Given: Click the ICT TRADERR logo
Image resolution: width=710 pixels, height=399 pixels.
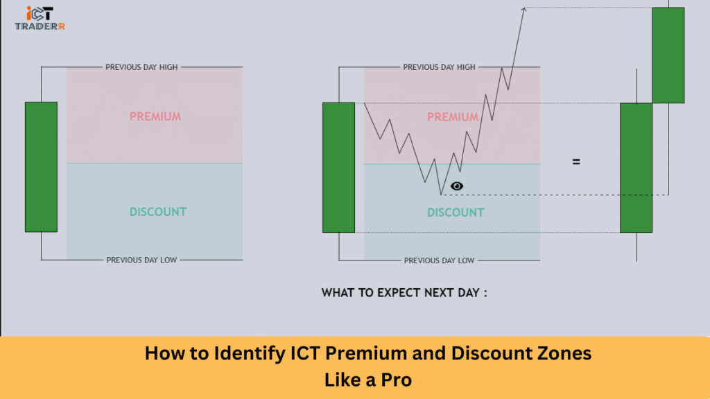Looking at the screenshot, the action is click(x=40, y=18).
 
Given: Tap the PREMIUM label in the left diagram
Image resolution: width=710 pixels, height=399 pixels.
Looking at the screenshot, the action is click(x=155, y=116).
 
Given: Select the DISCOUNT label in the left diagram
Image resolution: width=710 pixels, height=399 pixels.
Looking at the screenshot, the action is click(x=158, y=212).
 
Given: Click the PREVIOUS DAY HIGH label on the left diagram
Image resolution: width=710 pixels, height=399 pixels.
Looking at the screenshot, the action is click(x=141, y=67).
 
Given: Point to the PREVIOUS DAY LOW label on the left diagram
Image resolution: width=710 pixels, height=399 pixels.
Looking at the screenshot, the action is click(x=141, y=260).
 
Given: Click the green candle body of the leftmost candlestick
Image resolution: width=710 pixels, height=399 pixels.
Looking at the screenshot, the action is click(x=41, y=167).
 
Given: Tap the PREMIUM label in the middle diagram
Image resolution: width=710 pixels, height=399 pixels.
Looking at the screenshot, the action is click(x=453, y=117).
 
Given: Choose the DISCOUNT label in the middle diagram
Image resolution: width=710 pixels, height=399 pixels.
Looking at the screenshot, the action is click(x=456, y=213).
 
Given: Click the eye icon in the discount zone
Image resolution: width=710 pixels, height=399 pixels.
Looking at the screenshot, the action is click(x=457, y=186).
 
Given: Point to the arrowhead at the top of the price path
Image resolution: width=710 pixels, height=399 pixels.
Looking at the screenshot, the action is click(x=523, y=8).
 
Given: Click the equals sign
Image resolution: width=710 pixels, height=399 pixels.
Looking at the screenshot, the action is click(x=576, y=161).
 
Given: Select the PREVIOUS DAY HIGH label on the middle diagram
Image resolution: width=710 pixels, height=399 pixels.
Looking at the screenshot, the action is click(x=439, y=67).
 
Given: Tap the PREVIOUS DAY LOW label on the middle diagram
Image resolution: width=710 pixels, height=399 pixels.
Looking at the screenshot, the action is click(x=439, y=260).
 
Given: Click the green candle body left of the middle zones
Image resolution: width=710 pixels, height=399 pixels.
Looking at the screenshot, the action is click(x=338, y=168).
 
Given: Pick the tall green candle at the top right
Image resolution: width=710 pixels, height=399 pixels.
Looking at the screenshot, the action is click(x=668, y=55).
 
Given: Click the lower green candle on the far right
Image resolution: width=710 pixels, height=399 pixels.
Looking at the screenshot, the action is click(x=637, y=168).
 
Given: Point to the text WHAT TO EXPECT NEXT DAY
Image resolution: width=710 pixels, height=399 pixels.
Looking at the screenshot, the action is click(x=404, y=293).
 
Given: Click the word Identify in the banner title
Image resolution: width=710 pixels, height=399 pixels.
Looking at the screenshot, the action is click(x=250, y=354).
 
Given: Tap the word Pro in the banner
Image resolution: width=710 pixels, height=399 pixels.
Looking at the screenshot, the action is click(x=397, y=380).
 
